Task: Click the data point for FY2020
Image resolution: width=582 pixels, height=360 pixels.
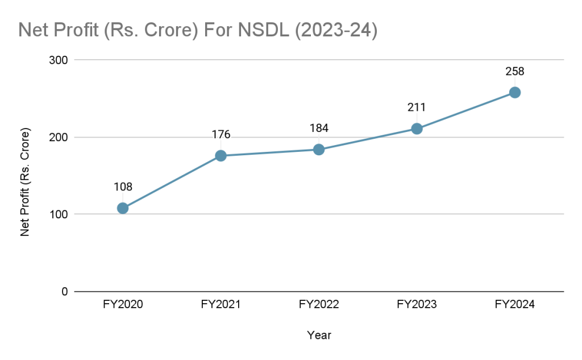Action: pyautogui.click(x=123, y=208)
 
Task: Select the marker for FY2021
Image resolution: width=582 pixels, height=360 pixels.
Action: pyautogui.click(x=221, y=156)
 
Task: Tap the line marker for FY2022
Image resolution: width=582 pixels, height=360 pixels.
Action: pyautogui.click(x=319, y=150)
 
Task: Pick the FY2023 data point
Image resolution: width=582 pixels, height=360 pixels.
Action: pyautogui.click(x=417, y=129)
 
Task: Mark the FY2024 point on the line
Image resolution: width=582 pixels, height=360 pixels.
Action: pyautogui.click(x=514, y=93)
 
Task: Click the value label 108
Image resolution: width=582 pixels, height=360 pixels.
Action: pyautogui.click(x=123, y=187)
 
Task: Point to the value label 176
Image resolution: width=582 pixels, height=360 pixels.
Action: pyautogui.click(x=221, y=135)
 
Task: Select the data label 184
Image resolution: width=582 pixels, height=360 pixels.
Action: pyautogui.click(x=319, y=129)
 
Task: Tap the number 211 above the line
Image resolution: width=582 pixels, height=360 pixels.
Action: pyautogui.click(x=417, y=107)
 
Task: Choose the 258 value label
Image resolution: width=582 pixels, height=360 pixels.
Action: pyautogui.click(x=514, y=72)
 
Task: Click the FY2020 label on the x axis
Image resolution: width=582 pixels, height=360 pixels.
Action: pyautogui.click(x=123, y=305)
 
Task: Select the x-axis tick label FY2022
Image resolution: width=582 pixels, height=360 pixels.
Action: pyautogui.click(x=319, y=305)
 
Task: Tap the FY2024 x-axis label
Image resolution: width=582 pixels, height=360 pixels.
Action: pyautogui.click(x=514, y=305)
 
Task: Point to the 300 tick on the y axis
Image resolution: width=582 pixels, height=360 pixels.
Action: pyautogui.click(x=59, y=60)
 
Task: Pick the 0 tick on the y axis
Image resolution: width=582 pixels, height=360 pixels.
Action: pyautogui.click(x=64, y=292)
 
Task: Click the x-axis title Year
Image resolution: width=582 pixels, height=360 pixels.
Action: pyautogui.click(x=319, y=336)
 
